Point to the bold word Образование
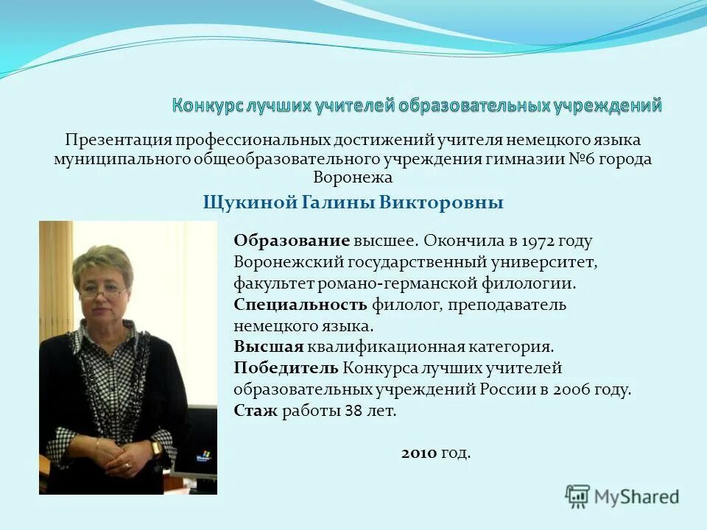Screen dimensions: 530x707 (291, 241)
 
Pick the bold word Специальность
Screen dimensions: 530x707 (300, 304)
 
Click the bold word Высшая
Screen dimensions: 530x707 (269, 347)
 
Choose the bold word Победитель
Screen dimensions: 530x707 (286, 368)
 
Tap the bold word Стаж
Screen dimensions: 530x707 (256, 411)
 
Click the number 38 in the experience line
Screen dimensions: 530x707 (353, 411)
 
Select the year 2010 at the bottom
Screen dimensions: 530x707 (420, 453)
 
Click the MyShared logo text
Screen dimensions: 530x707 (637, 497)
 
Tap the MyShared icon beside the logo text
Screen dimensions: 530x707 (577, 495)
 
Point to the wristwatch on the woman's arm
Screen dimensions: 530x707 (156, 448)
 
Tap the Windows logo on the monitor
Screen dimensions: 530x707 (203, 456)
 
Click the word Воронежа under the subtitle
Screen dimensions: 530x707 (353, 177)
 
